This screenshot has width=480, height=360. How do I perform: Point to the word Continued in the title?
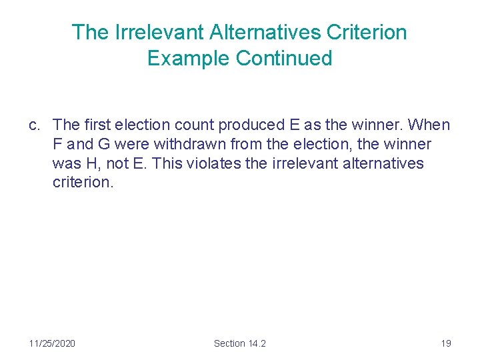click(x=284, y=58)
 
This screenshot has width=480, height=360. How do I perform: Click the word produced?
click(x=250, y=125)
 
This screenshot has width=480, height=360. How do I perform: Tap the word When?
click(x=429, y=125)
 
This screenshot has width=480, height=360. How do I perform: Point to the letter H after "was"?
click(x=85, y=163)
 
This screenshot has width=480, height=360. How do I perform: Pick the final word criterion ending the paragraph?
click(x=83, y=183)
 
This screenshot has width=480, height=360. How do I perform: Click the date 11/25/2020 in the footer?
click(x=52, y=343)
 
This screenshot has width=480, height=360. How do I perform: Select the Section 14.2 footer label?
click(x=240, y=343)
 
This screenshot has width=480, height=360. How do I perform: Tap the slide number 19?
click(x=446, y=343)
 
